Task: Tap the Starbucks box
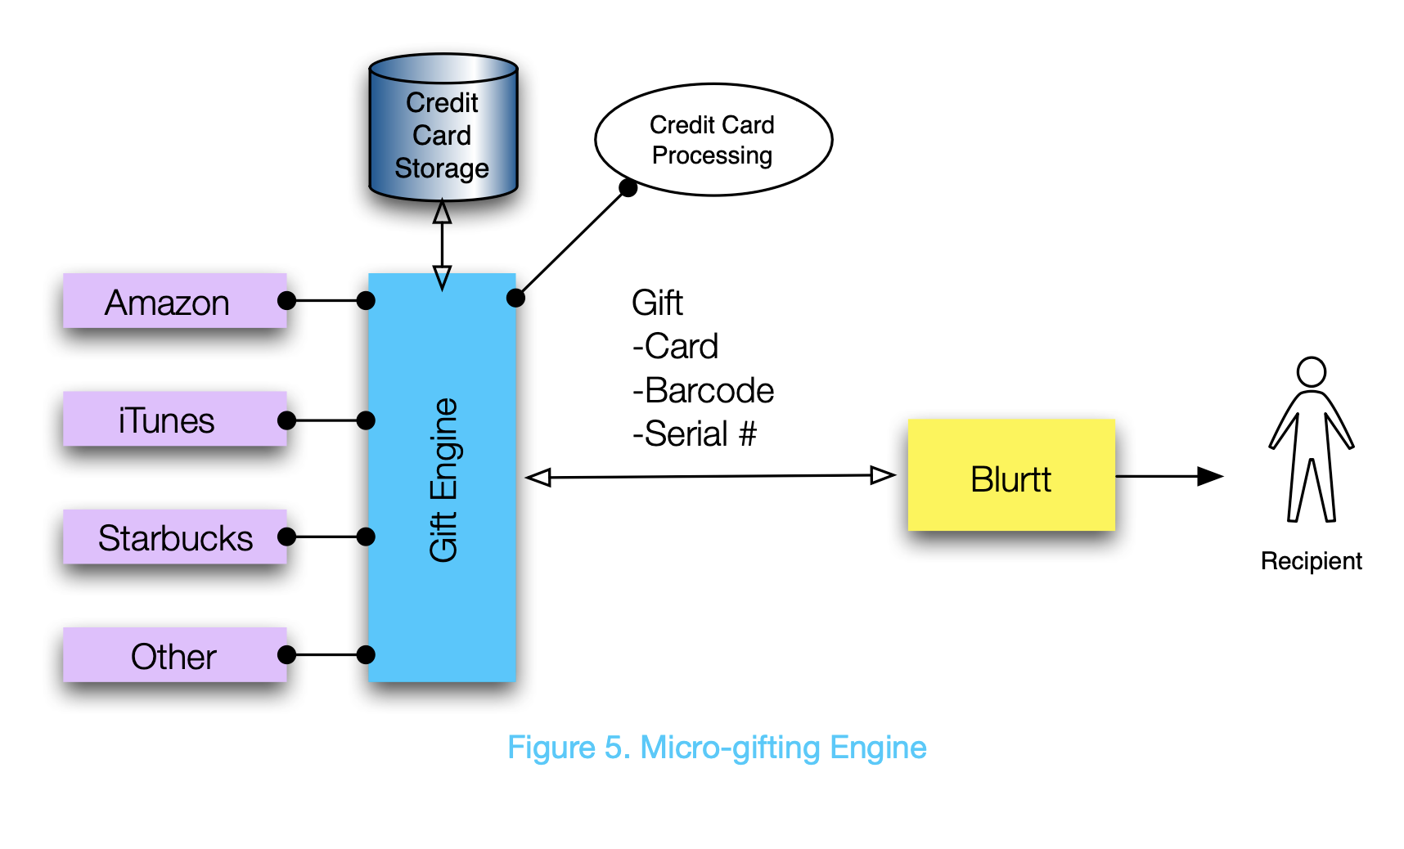174,537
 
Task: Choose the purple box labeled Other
174,655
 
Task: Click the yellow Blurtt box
1011,476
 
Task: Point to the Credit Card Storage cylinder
443,131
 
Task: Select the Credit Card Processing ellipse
713,140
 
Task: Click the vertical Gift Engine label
443,479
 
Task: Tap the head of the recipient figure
1311,372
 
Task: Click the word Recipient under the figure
1311,561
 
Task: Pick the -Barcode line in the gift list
703,391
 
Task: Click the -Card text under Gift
675,347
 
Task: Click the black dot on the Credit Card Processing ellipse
628,188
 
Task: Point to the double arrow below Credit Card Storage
442,245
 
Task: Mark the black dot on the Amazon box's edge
286,301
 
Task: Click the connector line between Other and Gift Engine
326,655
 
